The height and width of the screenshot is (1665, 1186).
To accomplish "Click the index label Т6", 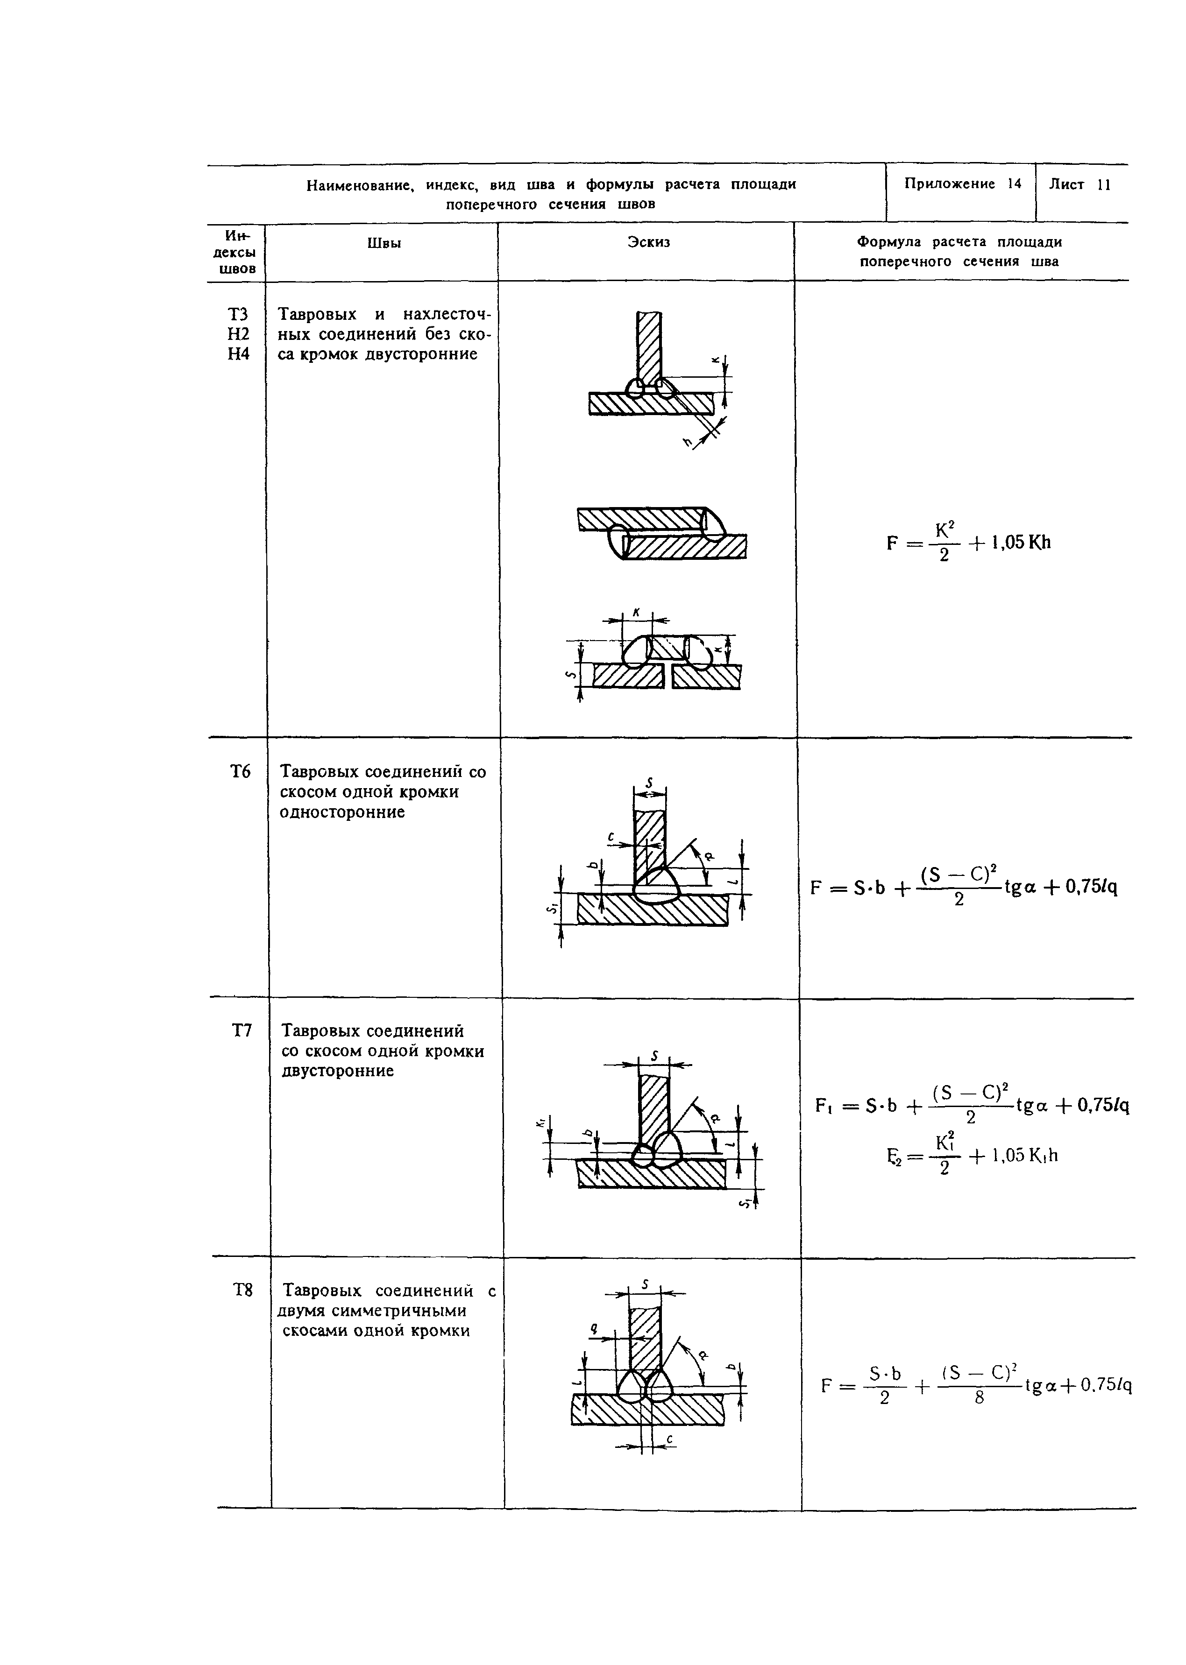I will tap(240, 771).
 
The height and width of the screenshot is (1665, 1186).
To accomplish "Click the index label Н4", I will tap(238, 354).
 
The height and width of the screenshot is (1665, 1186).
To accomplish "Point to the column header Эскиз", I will tap(648, 241).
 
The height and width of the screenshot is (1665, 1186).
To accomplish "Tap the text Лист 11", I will tap(1079, 185).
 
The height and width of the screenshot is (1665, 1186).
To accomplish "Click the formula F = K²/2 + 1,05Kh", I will tap(968, 543).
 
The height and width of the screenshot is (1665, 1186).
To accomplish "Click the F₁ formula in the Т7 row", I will tap(972, 1105).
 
